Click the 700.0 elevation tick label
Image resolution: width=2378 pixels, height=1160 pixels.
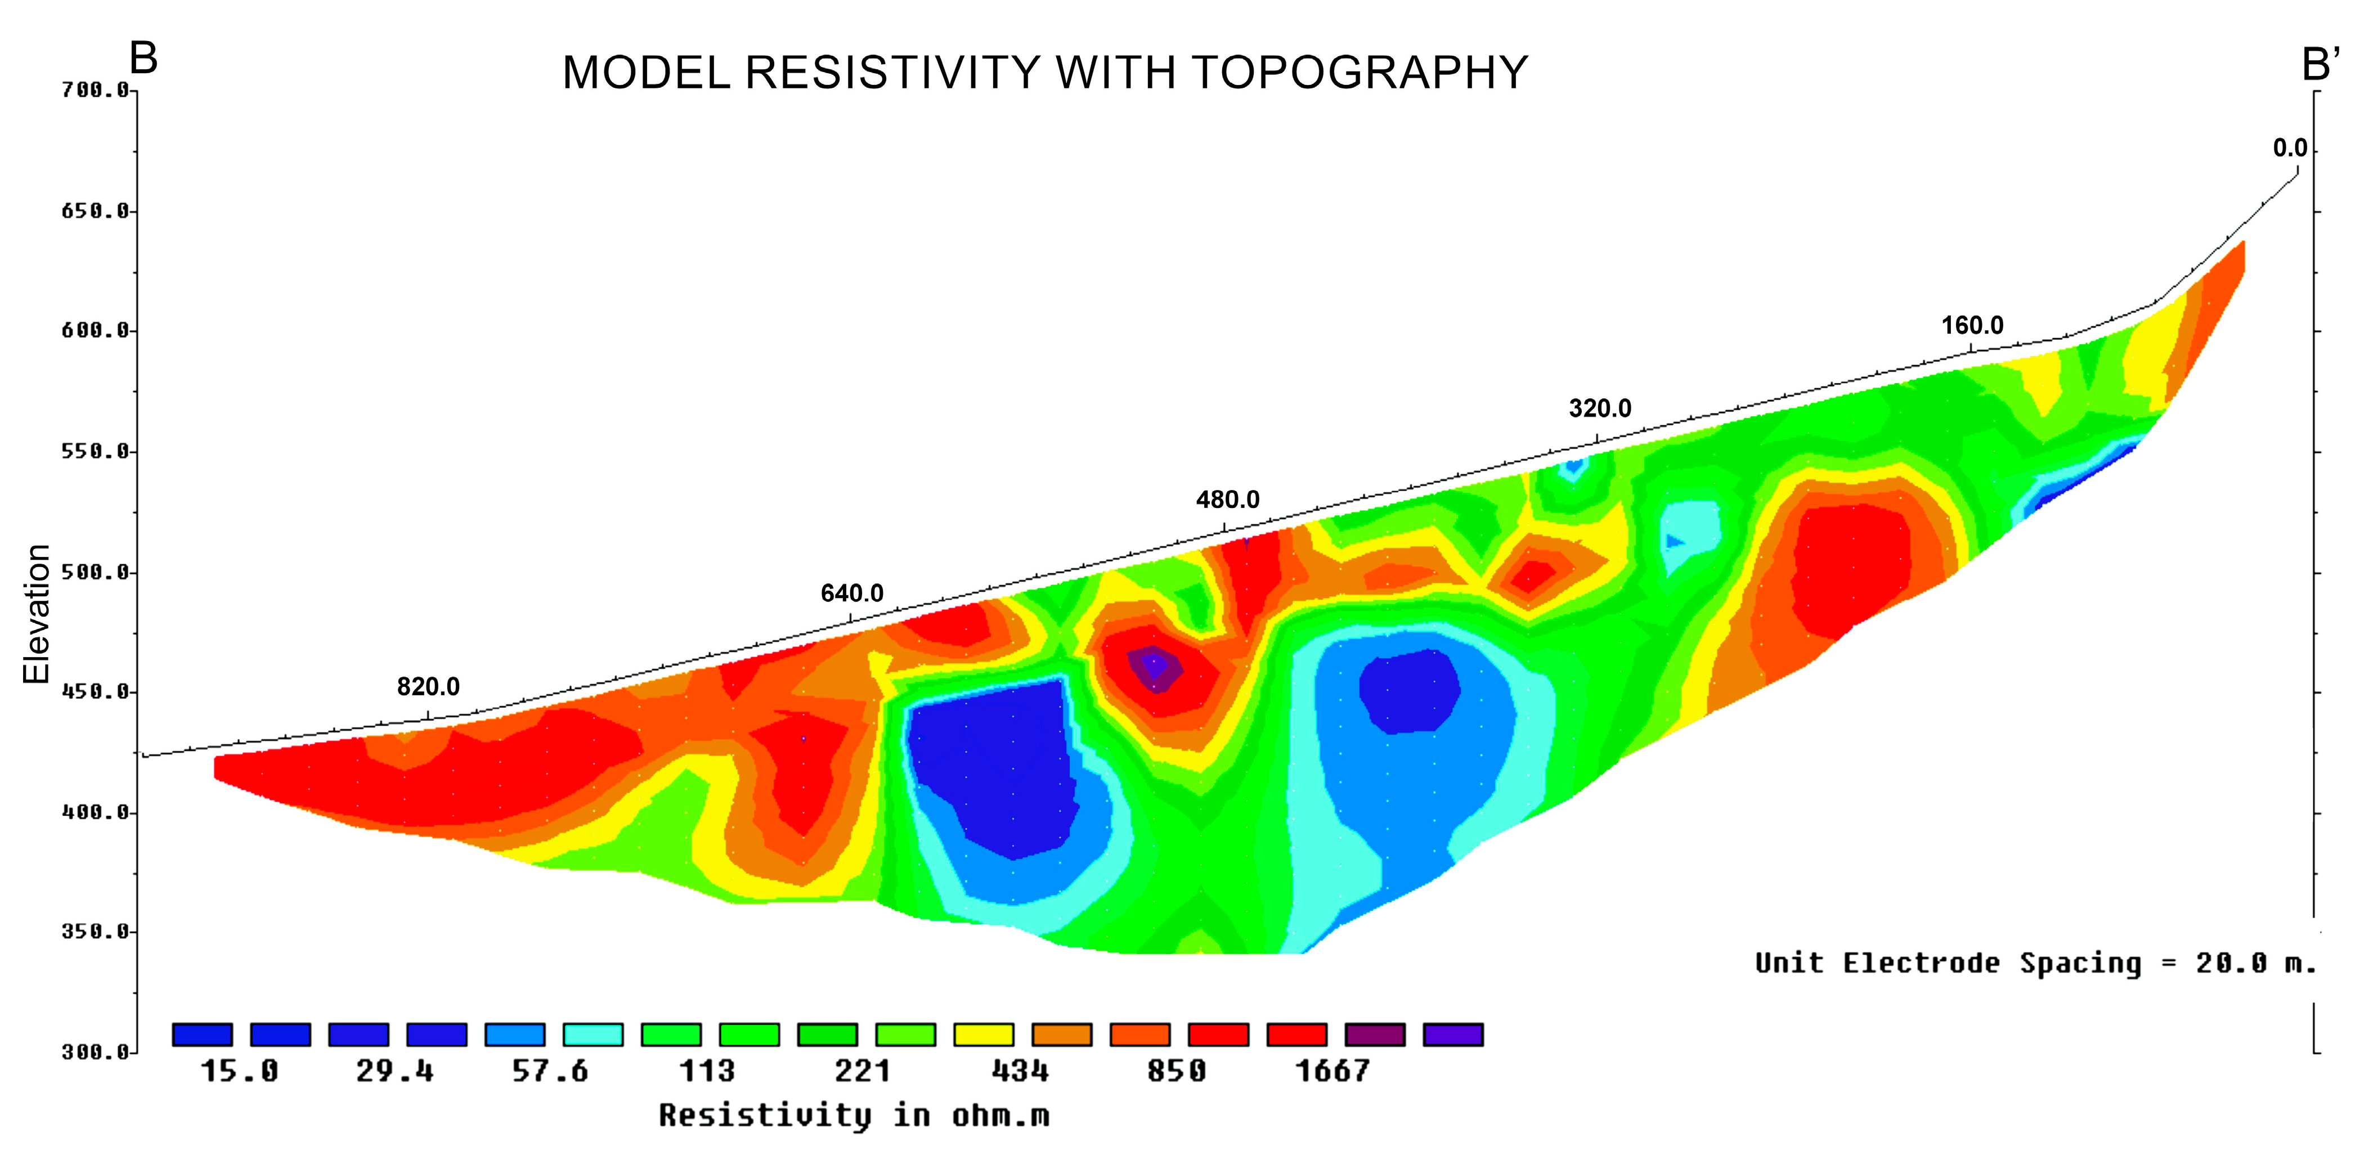pyautogui.click(x=95, y=91)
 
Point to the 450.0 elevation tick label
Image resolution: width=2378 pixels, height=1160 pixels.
pyautogui.click(x=95, y=692)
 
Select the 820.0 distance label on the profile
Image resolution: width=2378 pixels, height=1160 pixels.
pyautogui.click(x=428, y=686)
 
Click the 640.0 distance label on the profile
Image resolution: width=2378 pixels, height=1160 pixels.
pyautogui.click(x=852, y=594)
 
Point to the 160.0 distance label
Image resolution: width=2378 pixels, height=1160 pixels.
pyautogui.click(x=1972, y=326)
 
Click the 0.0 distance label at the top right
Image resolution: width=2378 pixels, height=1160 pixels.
pyautogui.click(x=2290, y=149)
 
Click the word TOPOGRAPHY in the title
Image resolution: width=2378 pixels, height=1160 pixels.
pyautogui.click(x=1360, y=73)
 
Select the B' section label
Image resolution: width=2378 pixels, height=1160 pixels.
pyautogui.click(x=2320, y=65)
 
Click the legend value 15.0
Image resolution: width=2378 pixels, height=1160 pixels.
pyautogui.click(x=239, y=1072)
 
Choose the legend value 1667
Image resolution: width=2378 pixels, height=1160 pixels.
pyautogui.click(x=1332, y=1072)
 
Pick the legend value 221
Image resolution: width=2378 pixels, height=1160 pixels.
pyautogui.click(x=863, y=1072)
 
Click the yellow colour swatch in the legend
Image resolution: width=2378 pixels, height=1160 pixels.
pyautogui.click(x=983, y=1035)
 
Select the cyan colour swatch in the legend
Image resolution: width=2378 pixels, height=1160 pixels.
pyautogui.click(x=593, y=1035)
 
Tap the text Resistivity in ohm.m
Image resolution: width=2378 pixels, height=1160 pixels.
pyautogui.click(x=854, y=1116)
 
